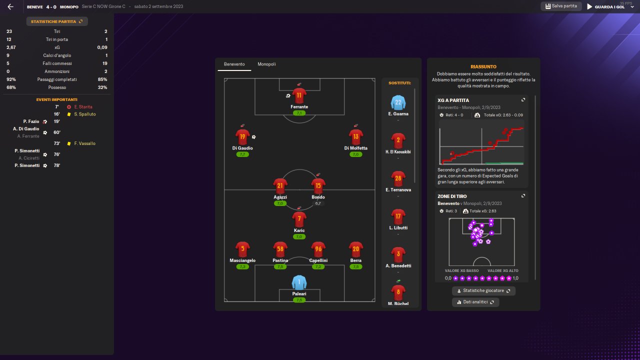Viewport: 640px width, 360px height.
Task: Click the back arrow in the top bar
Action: (10, 7)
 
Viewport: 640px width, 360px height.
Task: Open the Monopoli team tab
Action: (266, 64)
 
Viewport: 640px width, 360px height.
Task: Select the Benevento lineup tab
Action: (234, 64)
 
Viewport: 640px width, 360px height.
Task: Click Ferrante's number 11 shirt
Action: (299, 95)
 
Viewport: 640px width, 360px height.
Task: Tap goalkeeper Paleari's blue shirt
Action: (299, 282)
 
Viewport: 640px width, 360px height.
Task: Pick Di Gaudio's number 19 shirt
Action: (242, 136)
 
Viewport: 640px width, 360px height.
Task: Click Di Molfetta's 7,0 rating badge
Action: (356, 154)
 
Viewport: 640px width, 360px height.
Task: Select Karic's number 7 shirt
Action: (299, 219)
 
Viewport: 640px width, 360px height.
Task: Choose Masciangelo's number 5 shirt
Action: (242, 249)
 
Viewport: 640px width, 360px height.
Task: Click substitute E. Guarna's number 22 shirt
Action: (398, 102)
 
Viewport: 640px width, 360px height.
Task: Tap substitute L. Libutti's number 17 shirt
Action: (398, 216)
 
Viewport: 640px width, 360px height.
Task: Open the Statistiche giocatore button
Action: (483, 290)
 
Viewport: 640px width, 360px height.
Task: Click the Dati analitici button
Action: (475, 302)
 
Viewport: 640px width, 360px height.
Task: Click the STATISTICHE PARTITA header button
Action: (57, 21)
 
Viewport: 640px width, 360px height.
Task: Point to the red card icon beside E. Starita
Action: (69, 107)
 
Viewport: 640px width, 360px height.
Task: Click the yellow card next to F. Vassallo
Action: (69, 143)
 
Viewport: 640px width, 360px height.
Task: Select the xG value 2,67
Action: (11, 47)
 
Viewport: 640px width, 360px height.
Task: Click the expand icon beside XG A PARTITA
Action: (523, 100)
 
